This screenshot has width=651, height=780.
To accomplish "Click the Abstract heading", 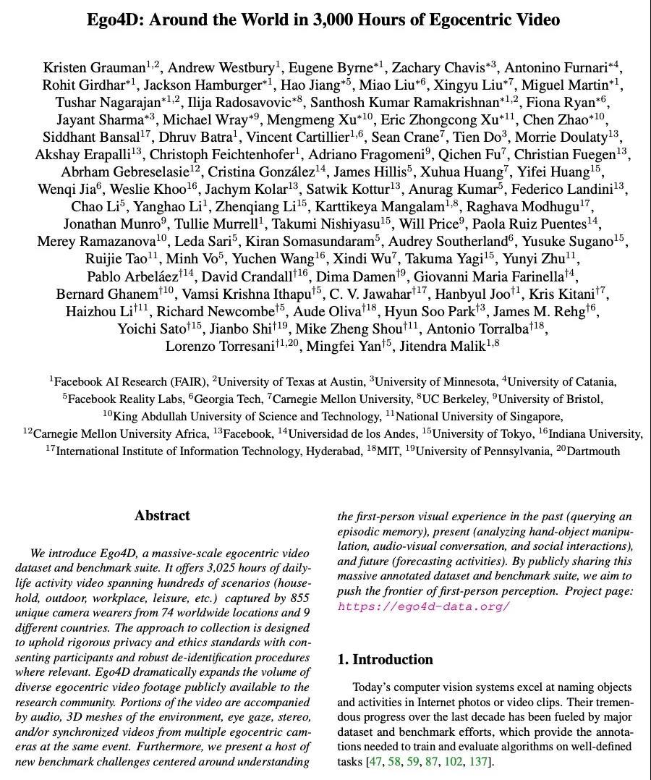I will point(162,516).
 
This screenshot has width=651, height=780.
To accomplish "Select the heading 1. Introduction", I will point(385,659).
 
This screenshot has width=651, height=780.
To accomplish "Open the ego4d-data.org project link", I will point(423,606).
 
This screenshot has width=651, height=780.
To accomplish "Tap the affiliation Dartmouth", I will point(594,451).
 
